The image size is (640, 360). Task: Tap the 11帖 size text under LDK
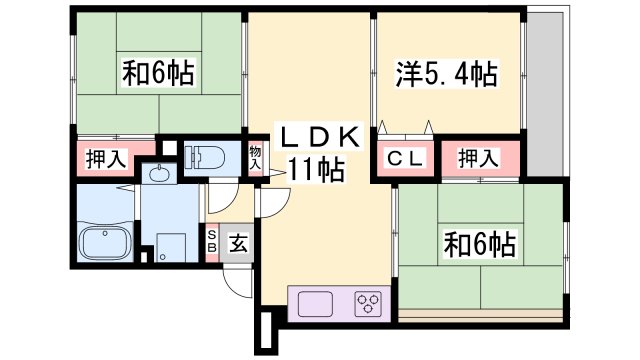tap(318, 168)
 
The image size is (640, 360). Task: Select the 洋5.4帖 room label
tap(448, 73)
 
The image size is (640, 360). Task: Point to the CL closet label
tap(403, 158)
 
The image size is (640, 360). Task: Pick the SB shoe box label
tap(212, 241)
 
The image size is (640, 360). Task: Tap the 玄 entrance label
tap(239, 241)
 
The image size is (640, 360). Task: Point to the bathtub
tap(105, 243)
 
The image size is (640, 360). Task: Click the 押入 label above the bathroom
tap(104, 158)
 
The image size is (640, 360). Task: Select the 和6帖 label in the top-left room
tap(158, 73)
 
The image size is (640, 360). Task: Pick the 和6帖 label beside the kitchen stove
tap(481, 243)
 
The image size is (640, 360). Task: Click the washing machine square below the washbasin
tap(168, 244)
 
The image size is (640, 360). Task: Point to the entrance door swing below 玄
tap(238, 280)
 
